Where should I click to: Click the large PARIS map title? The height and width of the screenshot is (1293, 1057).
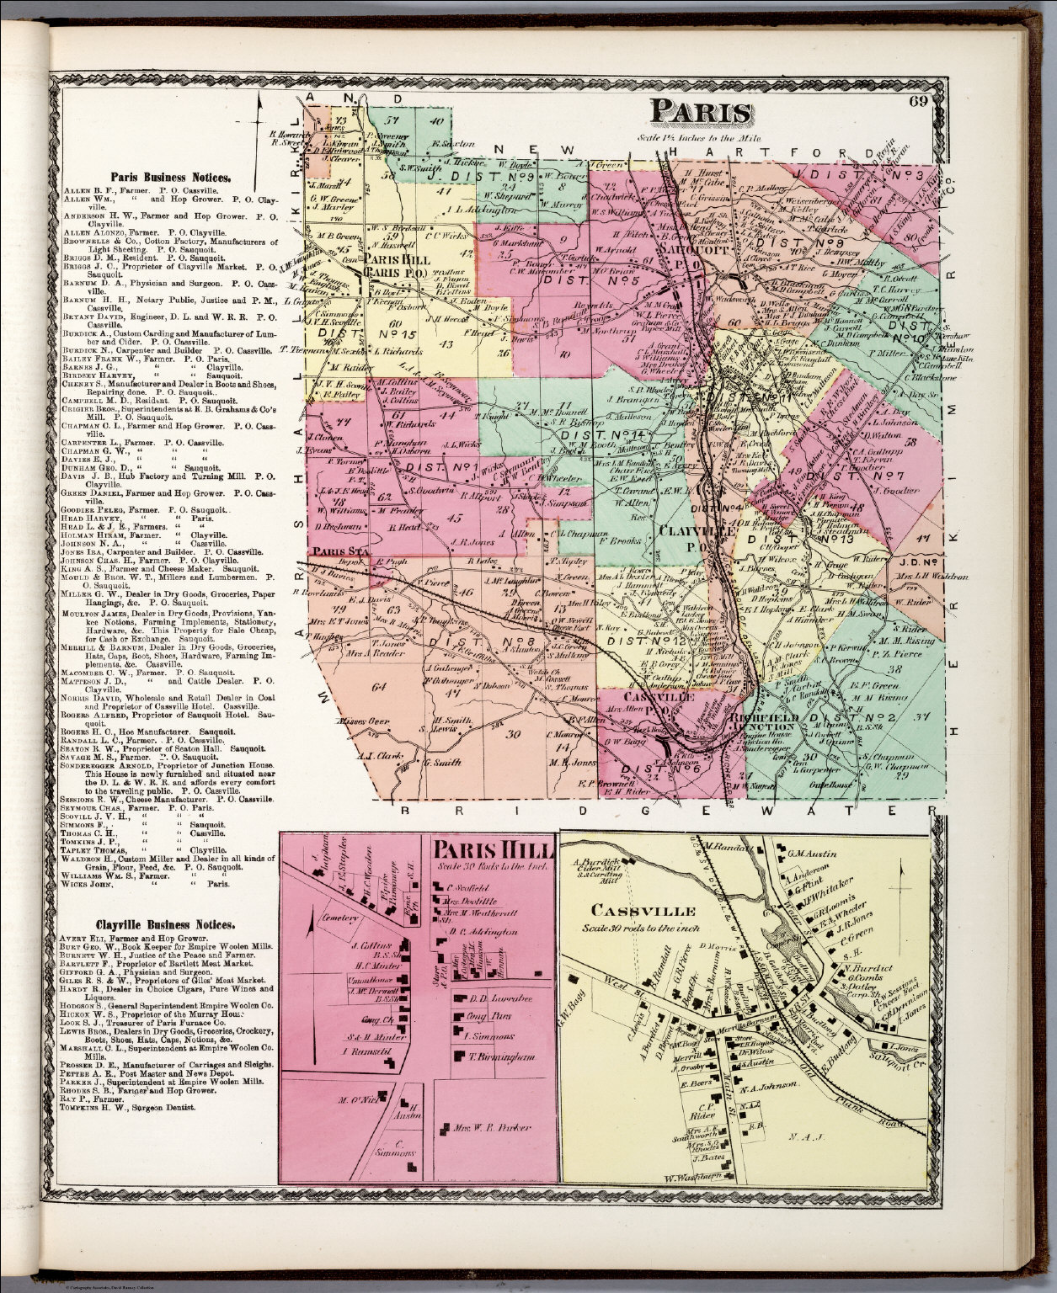click(701, 114)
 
